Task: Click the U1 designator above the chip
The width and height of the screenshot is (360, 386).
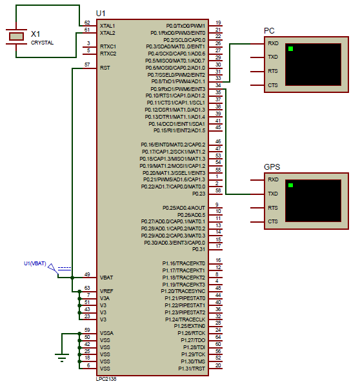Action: point(100,14)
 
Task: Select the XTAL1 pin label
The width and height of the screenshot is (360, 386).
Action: point(107,25)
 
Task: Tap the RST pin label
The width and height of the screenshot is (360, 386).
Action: point(105,67)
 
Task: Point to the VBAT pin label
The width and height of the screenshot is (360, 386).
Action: point(106,277)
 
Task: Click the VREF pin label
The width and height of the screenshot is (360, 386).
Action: point(106,292)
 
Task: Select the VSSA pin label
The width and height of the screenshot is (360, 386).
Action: point(106,333)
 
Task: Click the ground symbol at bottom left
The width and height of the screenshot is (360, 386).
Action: point(61,356)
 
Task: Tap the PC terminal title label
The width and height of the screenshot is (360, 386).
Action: point(269,31)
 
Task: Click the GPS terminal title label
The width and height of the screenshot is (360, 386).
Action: point(272,167)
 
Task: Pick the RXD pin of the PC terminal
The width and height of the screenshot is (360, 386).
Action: point(273,43)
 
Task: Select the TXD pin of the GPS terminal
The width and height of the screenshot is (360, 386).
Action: point(273,194)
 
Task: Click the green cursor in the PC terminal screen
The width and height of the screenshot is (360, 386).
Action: point(291,49)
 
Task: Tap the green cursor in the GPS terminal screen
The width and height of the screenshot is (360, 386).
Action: point(291,185)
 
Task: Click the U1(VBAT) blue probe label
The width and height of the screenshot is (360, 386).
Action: point(35,263)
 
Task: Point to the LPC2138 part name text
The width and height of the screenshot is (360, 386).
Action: point(106,379)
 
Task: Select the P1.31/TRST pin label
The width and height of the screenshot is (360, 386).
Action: point(192,368)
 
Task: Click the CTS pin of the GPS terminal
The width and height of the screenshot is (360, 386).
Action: point(273,222)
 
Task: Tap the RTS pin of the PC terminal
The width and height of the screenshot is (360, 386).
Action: point(273,71)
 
